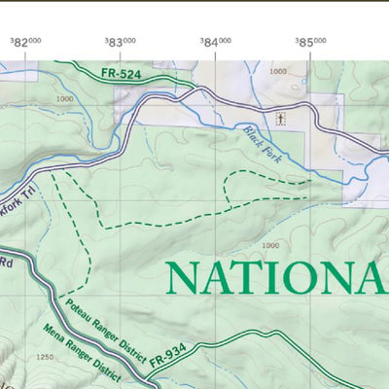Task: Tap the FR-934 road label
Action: pyautogui.click(x=167, y=360)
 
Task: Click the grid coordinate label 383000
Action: pyautogui.click(x=121, y=42)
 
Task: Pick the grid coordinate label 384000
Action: pyautogui.click(x=215, y=42)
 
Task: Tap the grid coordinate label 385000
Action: pyautogui.click(x=310, y=42)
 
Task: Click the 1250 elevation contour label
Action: pyautogui.click(x=43, y=358)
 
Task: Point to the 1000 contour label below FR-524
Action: pyautogui.click(x=66, y=99)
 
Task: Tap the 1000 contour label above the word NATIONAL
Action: pyautogui.click(x=270, y=245)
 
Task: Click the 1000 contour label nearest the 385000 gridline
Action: pyautogui.click(x=279, y=72)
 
